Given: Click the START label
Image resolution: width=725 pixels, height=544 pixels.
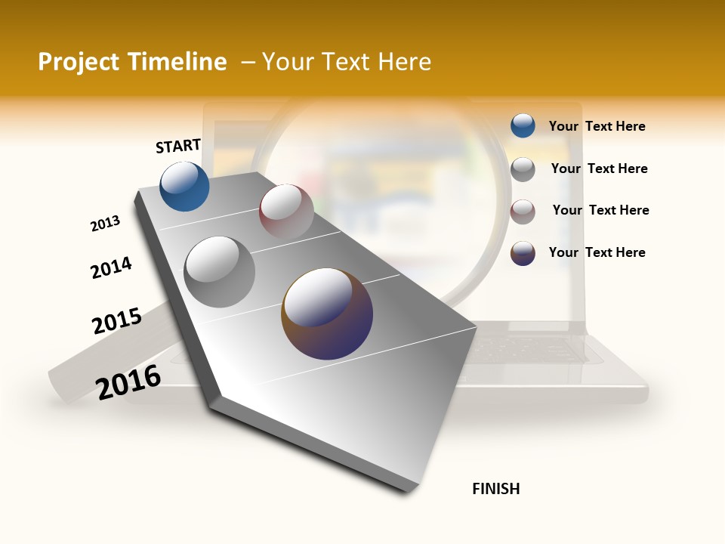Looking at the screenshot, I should click(x=178, y=146).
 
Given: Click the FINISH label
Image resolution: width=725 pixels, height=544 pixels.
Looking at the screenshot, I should click(x=496, y=489).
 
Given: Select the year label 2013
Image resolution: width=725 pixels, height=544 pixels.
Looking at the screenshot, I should click(x=105, y=224).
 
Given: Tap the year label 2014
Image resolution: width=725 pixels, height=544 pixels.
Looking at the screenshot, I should click(x=112, y=267).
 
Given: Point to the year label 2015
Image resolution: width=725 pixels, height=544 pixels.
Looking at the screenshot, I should click(x=117, y=321).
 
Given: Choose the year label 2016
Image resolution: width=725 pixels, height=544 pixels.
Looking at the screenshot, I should click(x=128, y=382).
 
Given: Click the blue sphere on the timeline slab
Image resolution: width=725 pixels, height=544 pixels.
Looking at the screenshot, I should click(x=185, y=186).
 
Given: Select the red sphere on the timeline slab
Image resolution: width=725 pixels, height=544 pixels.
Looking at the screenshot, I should click(x=286, y=211).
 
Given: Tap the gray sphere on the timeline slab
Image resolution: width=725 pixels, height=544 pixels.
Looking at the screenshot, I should click(x=219, y=271).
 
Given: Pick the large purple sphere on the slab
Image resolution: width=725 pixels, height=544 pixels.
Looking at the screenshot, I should click(x=327, y=314).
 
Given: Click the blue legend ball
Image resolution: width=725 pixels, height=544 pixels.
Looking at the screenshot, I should click(x=523, y=125).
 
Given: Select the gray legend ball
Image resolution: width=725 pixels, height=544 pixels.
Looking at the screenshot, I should click(x=523, y=169).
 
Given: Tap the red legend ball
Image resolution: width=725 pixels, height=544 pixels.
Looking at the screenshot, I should click(x=523, y=212).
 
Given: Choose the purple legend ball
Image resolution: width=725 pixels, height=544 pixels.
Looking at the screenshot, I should click(x=523, y=253).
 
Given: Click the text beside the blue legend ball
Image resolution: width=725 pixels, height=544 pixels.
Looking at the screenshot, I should click(x=597, y=126).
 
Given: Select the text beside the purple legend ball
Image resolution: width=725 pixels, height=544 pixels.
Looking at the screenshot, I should click(x=597, y=252).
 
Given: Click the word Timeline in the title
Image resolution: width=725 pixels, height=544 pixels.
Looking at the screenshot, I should click(x=177, y=62).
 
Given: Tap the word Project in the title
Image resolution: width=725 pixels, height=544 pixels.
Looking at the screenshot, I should click(x=79, y=63).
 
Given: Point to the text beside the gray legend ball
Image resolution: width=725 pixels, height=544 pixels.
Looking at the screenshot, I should click(x=599, y=168).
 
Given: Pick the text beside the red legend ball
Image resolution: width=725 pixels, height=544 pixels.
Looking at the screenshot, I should click(x=600, y=210).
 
